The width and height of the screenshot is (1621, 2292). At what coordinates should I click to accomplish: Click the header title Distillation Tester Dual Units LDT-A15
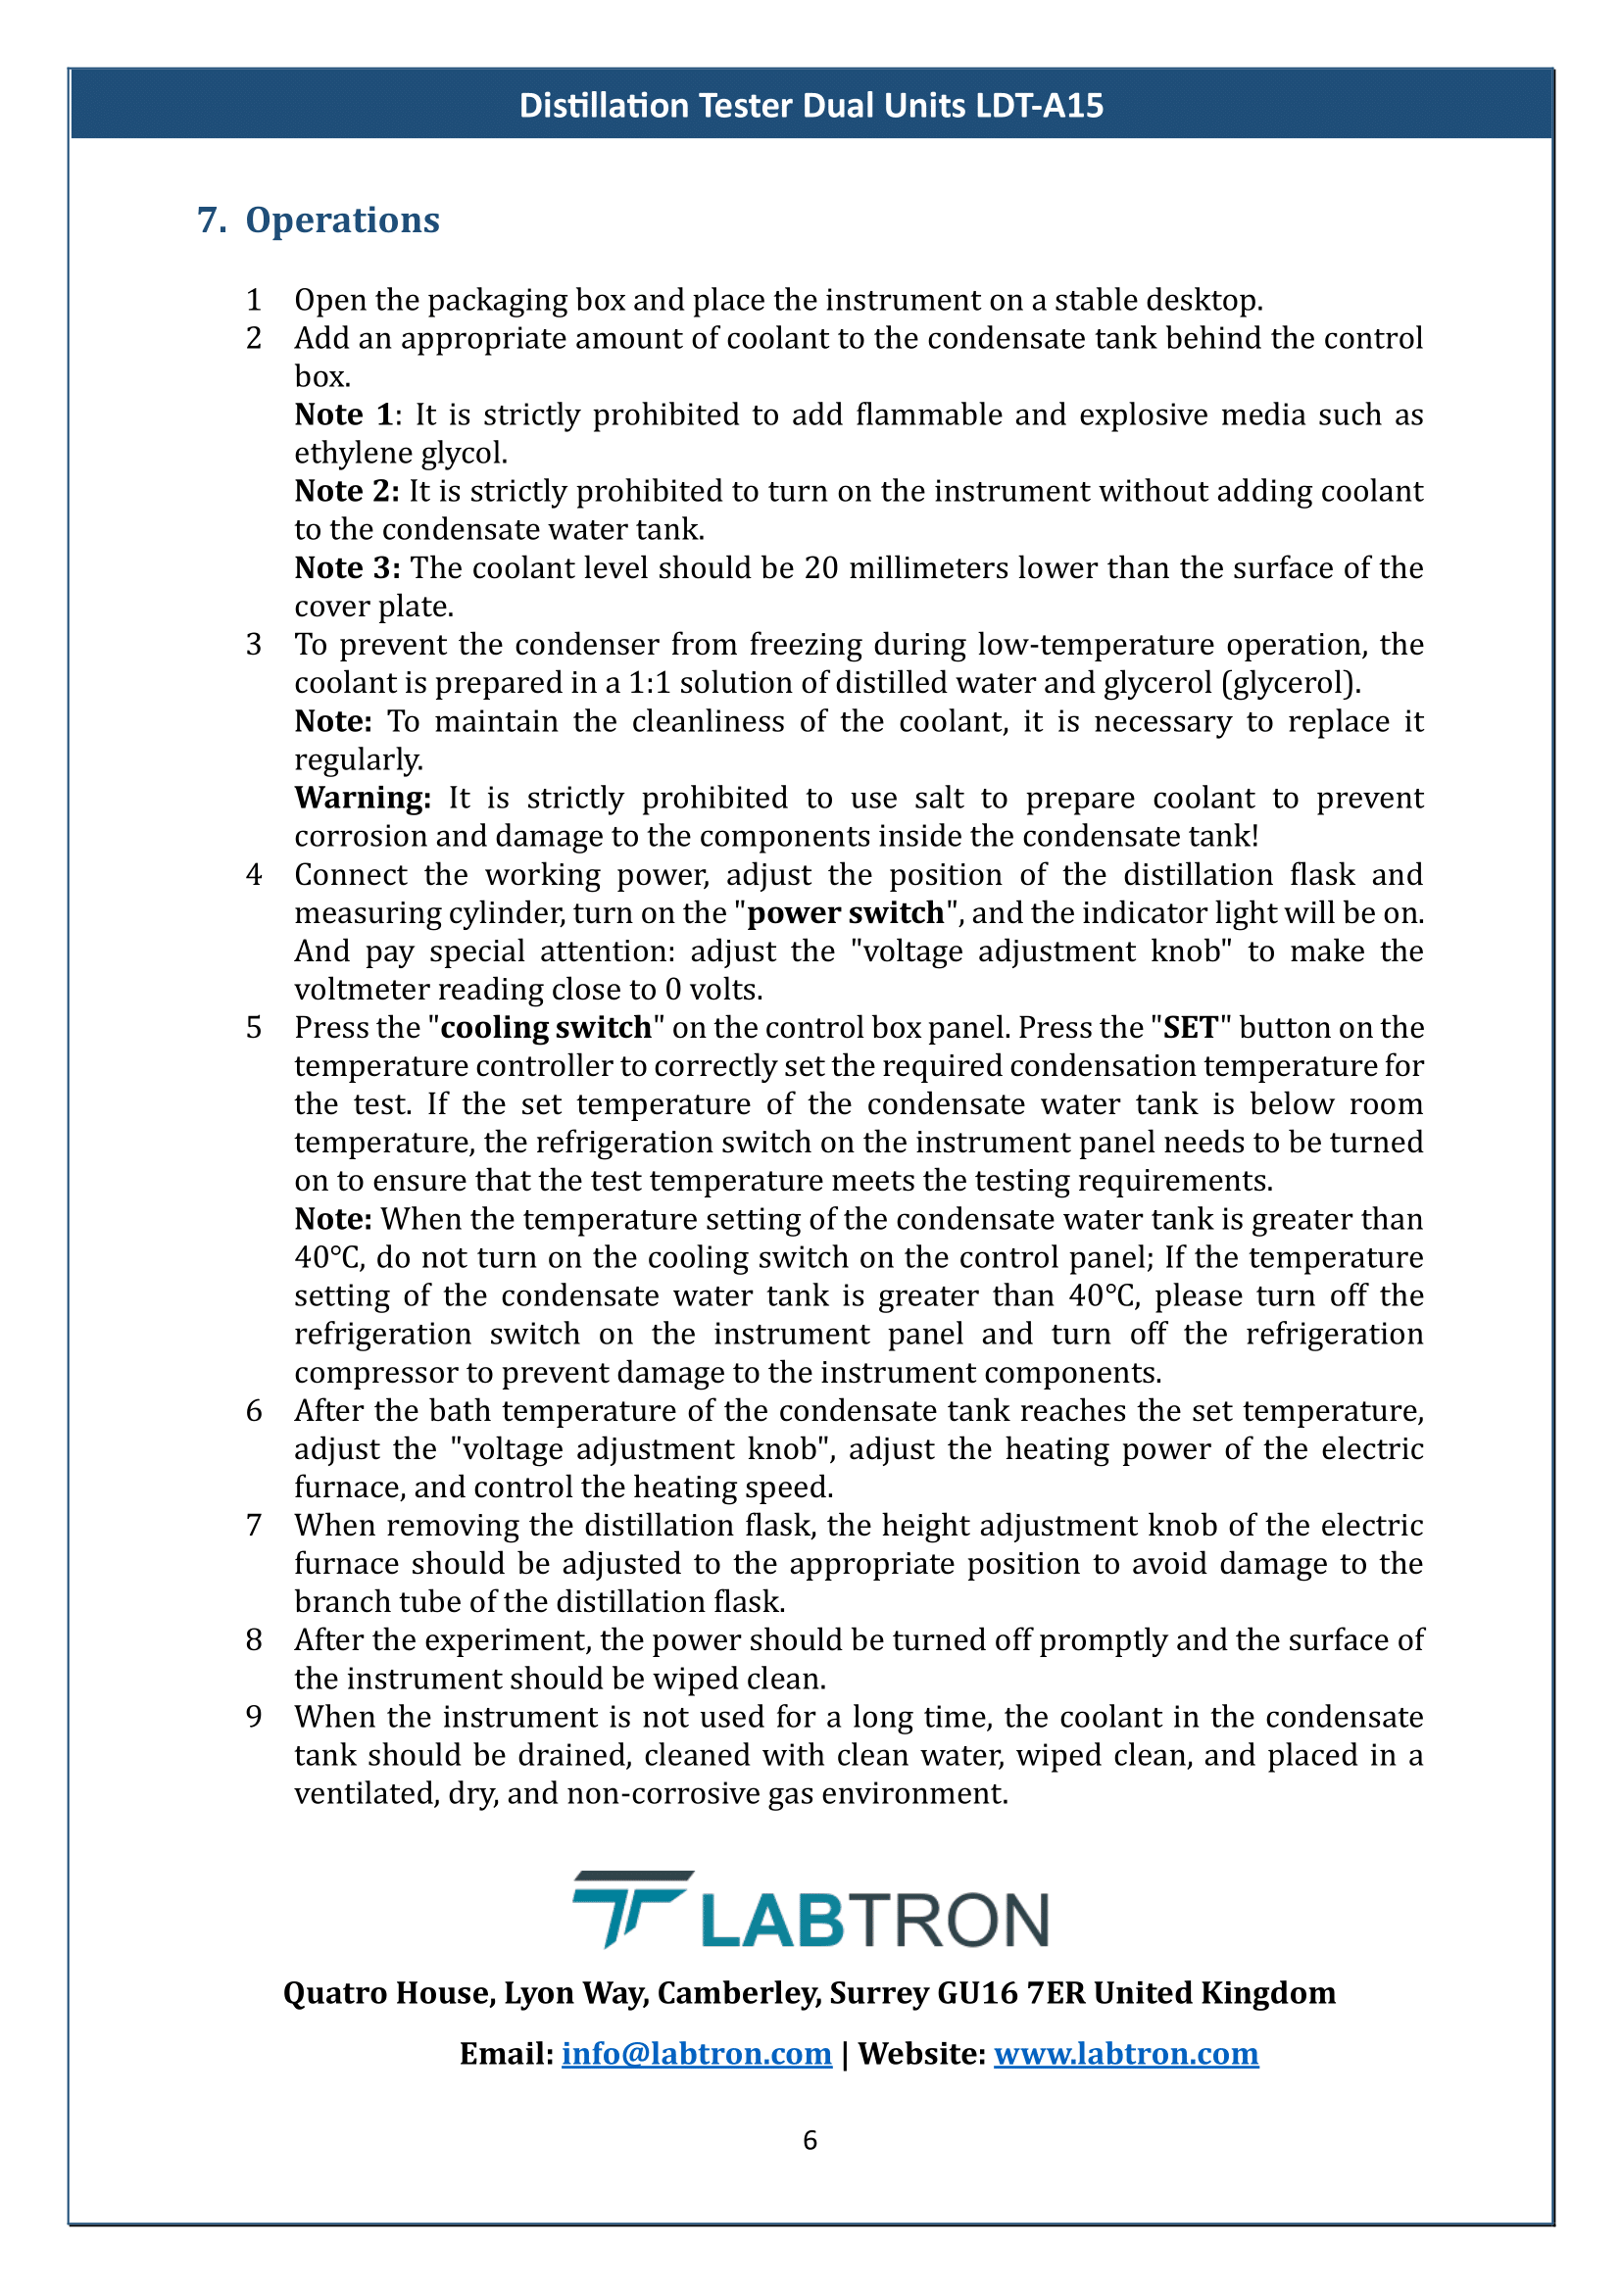coord(810,105)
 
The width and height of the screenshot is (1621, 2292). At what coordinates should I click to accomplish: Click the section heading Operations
coord(342,219)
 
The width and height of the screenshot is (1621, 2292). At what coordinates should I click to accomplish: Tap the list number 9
coord(254,1716)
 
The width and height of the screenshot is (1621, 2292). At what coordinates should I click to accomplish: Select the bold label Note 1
coord(343,415)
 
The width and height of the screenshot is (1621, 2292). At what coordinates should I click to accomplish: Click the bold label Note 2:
coord(346,491)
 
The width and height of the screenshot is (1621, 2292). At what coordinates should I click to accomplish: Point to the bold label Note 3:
coord(347,567)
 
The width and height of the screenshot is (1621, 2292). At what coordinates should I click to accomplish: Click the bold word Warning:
coord(363,798)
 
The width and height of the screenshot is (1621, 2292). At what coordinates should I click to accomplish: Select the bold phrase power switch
coord(846,912)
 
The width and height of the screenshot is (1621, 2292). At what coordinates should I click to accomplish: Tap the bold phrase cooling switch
coord(546,1027)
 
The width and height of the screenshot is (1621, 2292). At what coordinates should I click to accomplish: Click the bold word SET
coord(1190,1027)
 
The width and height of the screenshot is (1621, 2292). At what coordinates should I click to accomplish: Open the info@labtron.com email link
coord(696,2054)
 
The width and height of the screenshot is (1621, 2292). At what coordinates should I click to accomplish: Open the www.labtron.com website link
coord(1126,2054)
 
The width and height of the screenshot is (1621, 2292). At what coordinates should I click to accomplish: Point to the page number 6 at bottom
coord(810,2140)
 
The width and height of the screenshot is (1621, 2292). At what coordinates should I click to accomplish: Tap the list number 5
coord(254,1027)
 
